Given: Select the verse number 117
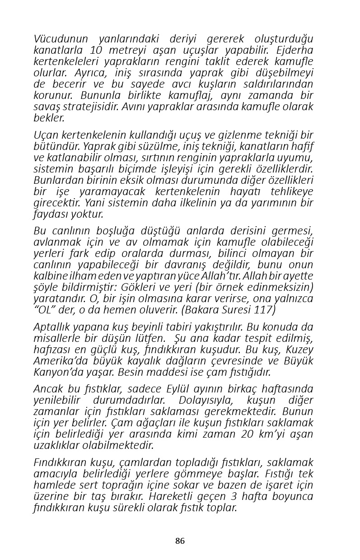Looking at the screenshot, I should pyautogui.click(x=266, y=310).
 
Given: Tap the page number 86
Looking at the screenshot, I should pyautogui.click(x=180, y=541).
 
